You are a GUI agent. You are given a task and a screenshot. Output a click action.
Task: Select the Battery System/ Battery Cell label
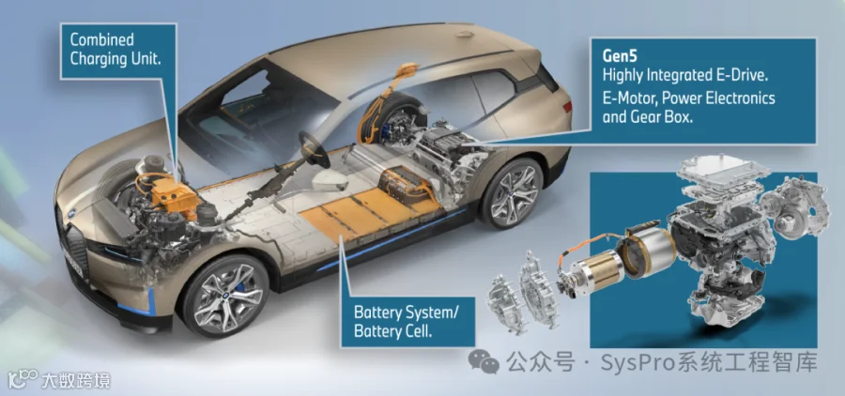[x=407, y=321]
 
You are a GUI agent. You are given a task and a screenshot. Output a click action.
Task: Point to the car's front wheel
[x=224, y=296]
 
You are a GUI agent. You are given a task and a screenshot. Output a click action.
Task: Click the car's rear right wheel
[x=511, y=192]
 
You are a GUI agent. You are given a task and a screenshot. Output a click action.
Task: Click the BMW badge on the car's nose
[x=70, y=213]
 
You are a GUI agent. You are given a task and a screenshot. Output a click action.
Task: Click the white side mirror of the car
[x=329, y=181]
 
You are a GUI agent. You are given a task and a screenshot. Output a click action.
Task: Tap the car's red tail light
[x=567, y=107]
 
